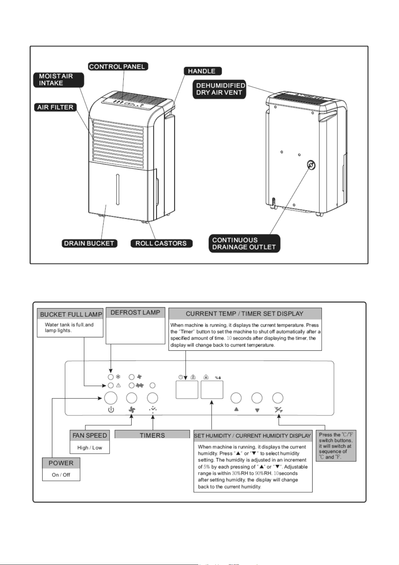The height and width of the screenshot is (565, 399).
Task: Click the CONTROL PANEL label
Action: click(118, 66)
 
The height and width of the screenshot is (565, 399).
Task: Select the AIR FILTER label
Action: click(55, 107)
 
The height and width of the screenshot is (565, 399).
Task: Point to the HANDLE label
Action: click(202, 71)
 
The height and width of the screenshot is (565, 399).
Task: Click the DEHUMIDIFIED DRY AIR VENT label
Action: click(219, 89)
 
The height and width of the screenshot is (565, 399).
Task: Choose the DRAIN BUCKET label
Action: click(89, 243)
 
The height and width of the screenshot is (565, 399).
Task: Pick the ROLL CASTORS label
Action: click(161, 243)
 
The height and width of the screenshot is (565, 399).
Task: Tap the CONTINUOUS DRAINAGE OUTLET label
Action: click(244, 244)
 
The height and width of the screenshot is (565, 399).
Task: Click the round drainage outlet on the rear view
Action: click(311, 165)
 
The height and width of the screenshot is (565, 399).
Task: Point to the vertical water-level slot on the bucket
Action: click(118, 189)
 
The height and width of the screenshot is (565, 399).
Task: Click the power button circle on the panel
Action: click(111, 398)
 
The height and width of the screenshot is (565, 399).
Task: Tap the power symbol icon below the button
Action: click(111, 410)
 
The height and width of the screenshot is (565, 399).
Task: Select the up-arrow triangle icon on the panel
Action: click(236, 409)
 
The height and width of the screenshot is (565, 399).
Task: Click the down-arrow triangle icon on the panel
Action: click(257, 410)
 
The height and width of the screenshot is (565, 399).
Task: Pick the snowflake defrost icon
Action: click(118, 377)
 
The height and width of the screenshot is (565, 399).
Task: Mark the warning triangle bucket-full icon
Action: click(118, 386)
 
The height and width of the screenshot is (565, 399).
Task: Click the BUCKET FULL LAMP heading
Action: click(71, 315)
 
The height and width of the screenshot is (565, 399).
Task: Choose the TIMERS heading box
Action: click(152, 435)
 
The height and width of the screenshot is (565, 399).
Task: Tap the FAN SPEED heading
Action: click(89, 435)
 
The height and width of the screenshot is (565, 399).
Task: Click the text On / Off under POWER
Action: click(61, 475)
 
